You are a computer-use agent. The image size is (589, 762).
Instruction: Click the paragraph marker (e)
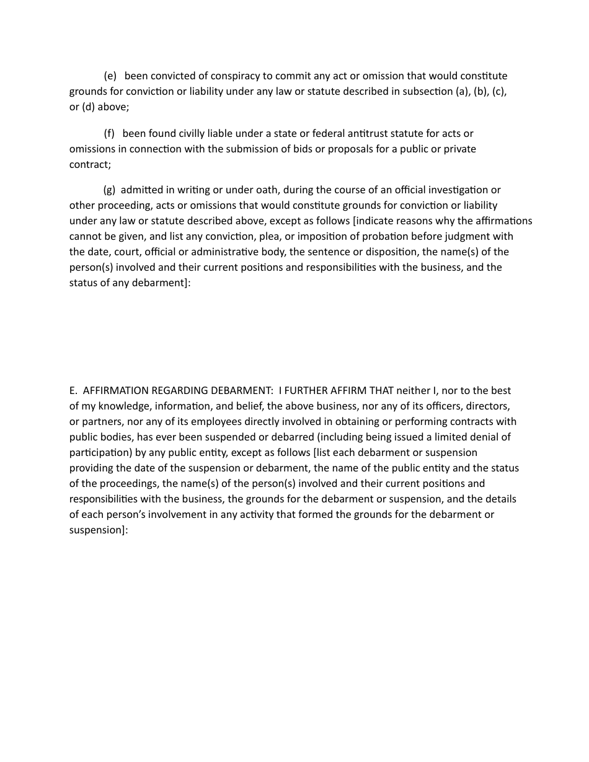coord(110,76)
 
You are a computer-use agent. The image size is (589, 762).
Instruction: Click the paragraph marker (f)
coord(109,134)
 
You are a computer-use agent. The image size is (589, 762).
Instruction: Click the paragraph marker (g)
coord(109,190)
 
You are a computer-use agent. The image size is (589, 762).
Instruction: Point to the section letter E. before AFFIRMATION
coord(73,391)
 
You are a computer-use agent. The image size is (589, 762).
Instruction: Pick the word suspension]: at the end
coord(98,530)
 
